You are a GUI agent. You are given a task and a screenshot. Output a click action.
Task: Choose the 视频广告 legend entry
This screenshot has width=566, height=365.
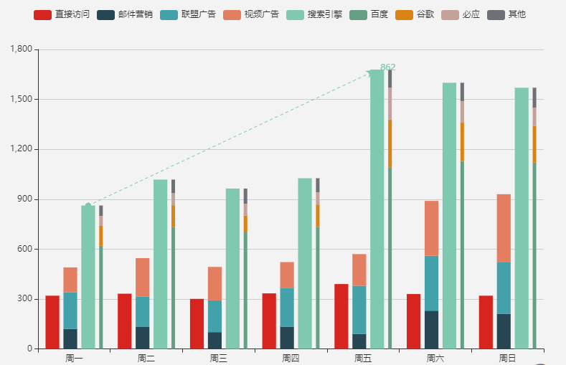point(250,14)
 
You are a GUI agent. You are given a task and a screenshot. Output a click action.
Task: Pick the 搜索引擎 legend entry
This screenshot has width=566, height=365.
point(313,14)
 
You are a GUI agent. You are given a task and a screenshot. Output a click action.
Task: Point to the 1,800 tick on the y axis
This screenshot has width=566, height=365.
point(21,49)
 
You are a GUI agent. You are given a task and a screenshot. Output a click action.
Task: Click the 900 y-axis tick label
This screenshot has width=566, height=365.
point(25,199)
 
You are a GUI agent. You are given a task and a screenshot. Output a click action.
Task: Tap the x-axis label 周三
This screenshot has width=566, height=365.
point(218,358)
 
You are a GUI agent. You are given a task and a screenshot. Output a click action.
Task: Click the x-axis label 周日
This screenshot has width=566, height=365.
point(507,358)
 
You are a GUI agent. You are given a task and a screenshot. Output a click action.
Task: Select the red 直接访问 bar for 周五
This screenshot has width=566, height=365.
point(341,316)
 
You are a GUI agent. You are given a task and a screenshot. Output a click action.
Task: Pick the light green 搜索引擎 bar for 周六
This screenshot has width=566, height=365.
point(449,215)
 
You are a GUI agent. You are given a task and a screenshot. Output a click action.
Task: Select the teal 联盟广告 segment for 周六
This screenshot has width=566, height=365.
point(431,283)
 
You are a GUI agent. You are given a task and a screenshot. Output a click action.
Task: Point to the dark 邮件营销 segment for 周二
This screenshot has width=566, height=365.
point(143,338)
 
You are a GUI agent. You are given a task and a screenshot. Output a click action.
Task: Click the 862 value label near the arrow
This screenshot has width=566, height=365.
point(387,67)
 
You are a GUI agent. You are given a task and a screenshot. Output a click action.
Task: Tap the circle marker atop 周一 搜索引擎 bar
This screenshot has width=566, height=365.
point(88,206)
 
